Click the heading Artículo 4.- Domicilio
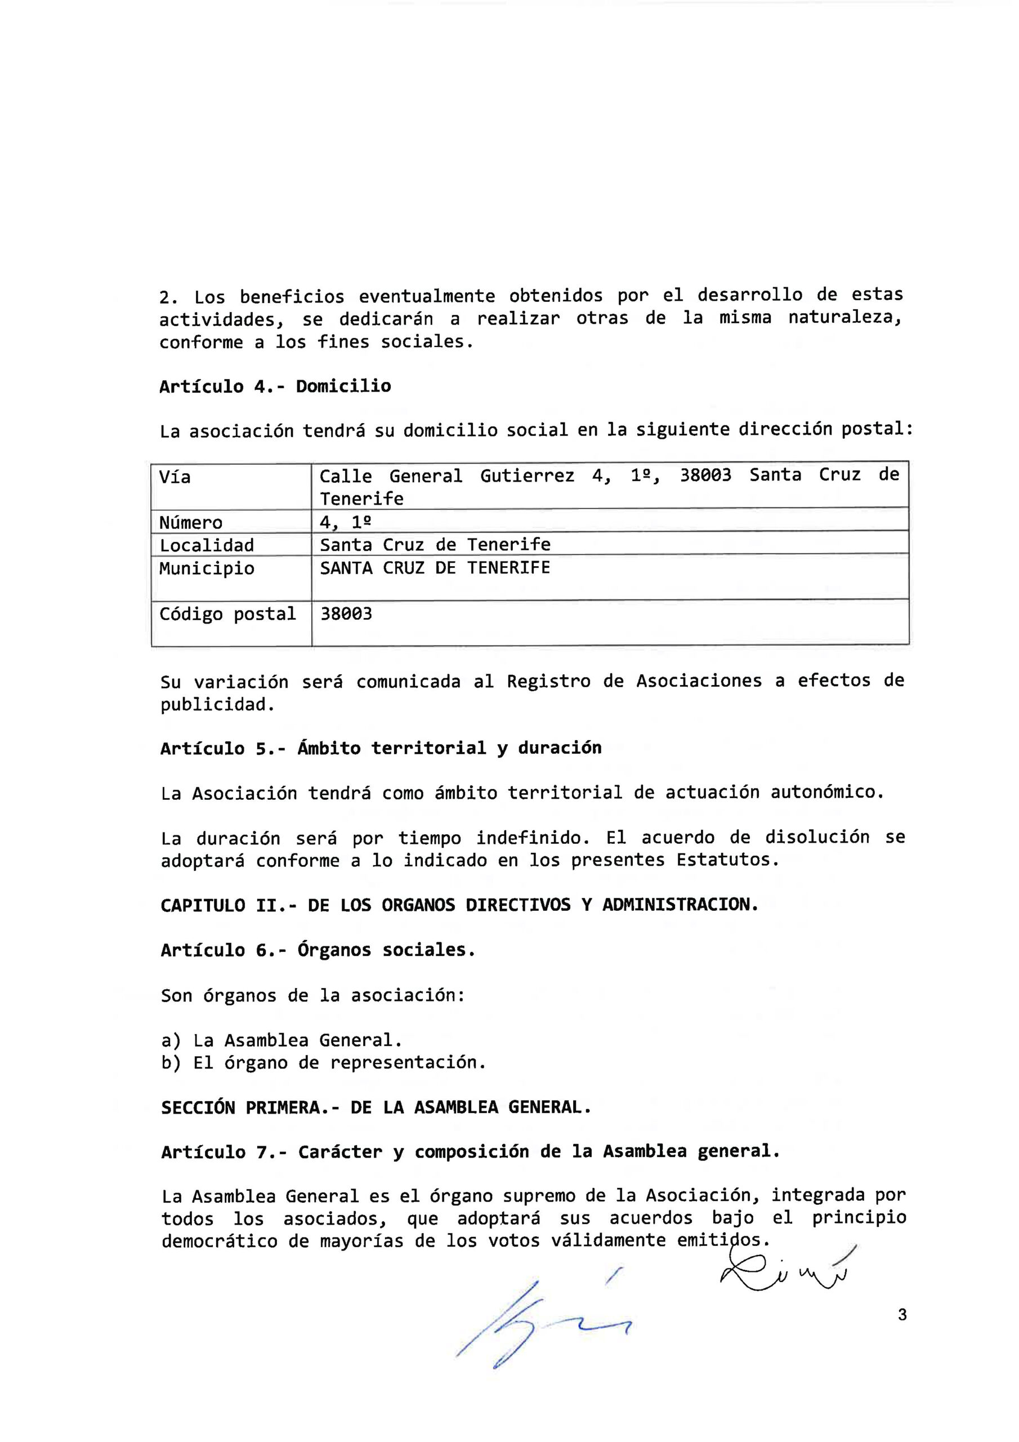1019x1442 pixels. tap(275, 386)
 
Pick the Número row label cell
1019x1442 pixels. tap(191, 523)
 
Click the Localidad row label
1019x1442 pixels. tap(207, 545)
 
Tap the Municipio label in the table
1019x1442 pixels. tap(207, 568)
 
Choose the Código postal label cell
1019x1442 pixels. tap(227, 614)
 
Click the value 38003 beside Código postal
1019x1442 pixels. tap(346, 614)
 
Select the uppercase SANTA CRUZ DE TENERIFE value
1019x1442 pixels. tap(435, 568)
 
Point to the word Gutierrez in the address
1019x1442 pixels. tap(527, 476)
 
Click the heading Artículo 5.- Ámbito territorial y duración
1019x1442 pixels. tap(381, 749)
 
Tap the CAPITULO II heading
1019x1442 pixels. tap(459, 905)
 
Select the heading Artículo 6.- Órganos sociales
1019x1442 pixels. tap(318, 950)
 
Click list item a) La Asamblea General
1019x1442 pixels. tap(281, 1041)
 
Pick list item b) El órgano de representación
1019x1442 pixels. tap(323, 1063)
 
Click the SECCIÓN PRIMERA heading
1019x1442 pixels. tap(376, 1107)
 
